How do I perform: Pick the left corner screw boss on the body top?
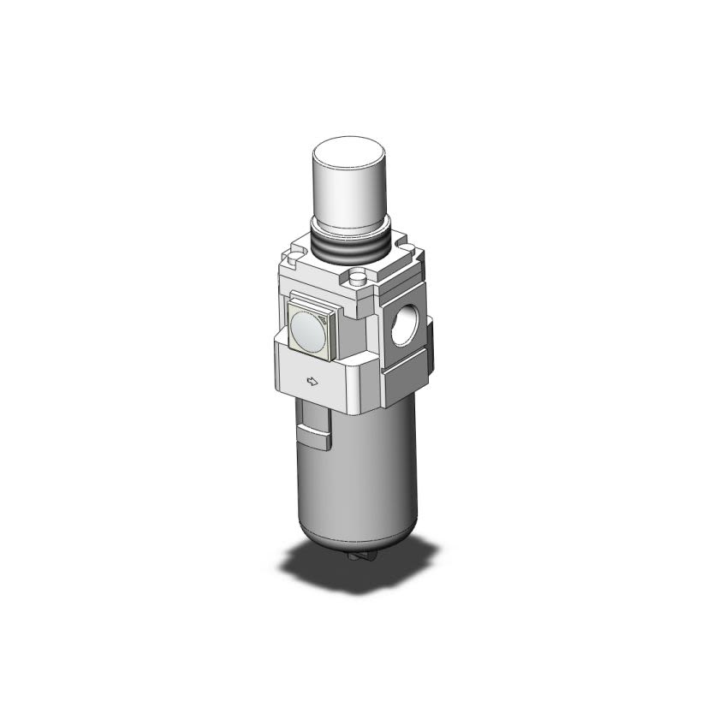[293, 253]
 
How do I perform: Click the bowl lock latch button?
[315, 437]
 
